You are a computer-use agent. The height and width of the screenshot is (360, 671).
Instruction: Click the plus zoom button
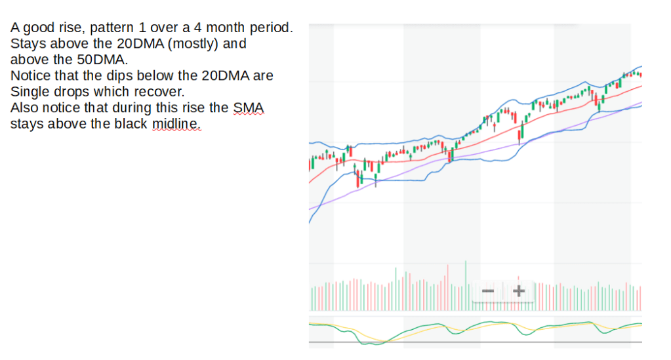519,290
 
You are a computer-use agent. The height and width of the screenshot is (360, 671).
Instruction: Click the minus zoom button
488,290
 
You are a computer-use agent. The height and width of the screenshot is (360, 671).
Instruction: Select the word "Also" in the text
24,107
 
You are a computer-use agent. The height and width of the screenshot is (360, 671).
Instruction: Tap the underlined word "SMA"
249,107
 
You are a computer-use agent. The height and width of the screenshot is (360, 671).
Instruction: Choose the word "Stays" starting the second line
27,44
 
